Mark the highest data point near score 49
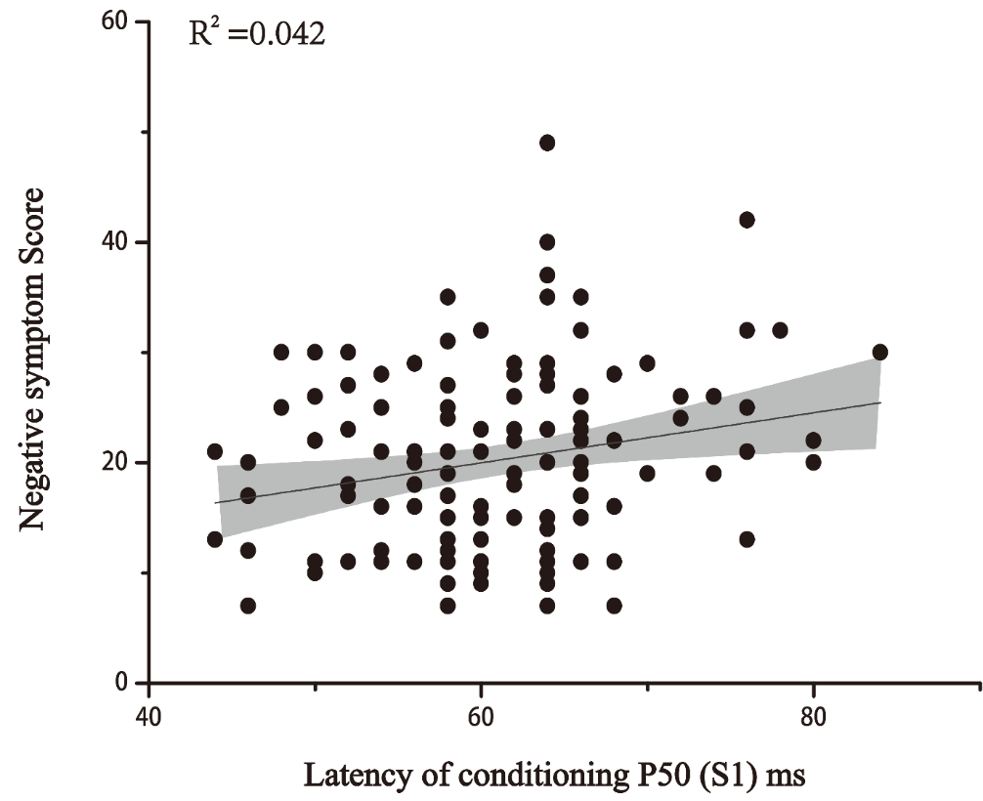(x=547, y=143)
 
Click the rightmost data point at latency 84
(x=879, y=352)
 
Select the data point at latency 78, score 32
(x=780, y=330)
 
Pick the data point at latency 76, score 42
(x=747, y=220)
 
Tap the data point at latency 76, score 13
(x=747, y=539)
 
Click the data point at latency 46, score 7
(x=248, y=606)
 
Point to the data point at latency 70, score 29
(x=647, y=363)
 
